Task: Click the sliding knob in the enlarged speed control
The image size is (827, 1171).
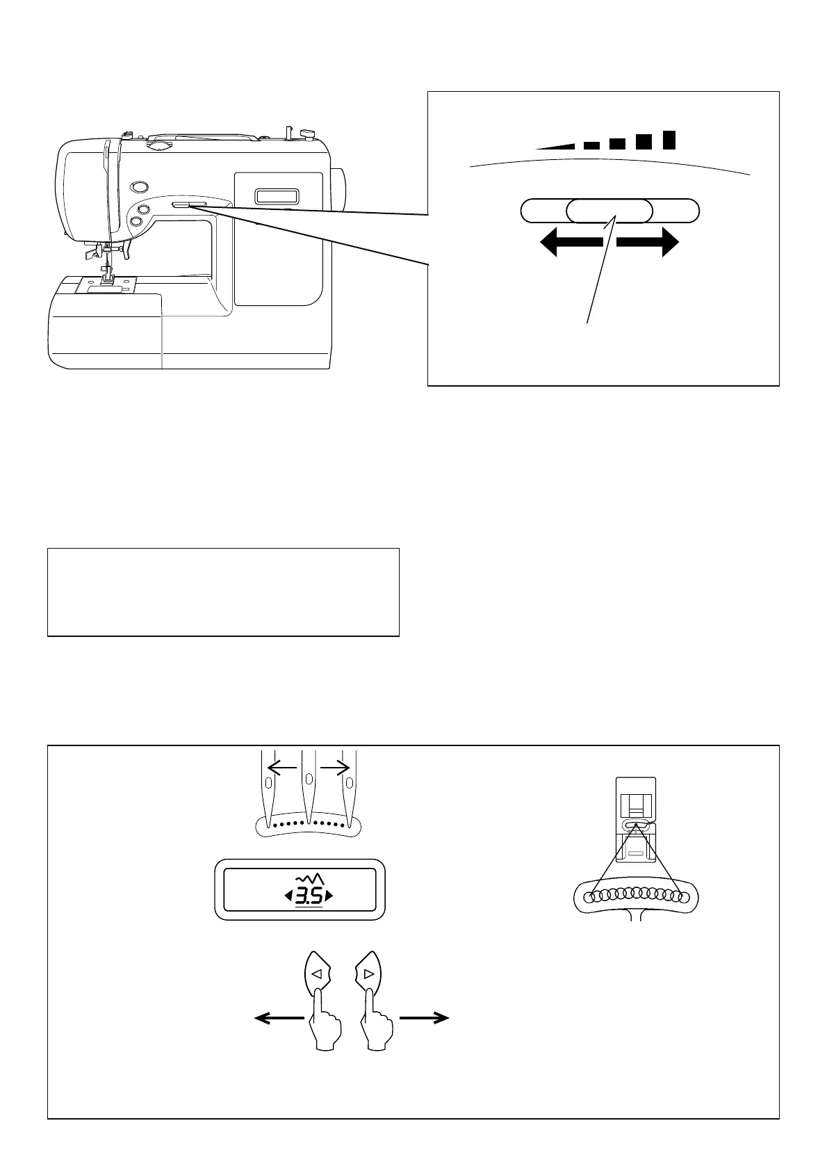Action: [609, 210]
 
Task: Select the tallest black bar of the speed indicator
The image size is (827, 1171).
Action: [669, 140]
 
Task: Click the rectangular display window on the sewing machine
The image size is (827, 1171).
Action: [277, 196]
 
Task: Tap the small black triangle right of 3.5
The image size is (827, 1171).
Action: [329, 896]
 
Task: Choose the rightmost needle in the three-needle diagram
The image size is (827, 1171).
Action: [350, 789]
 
